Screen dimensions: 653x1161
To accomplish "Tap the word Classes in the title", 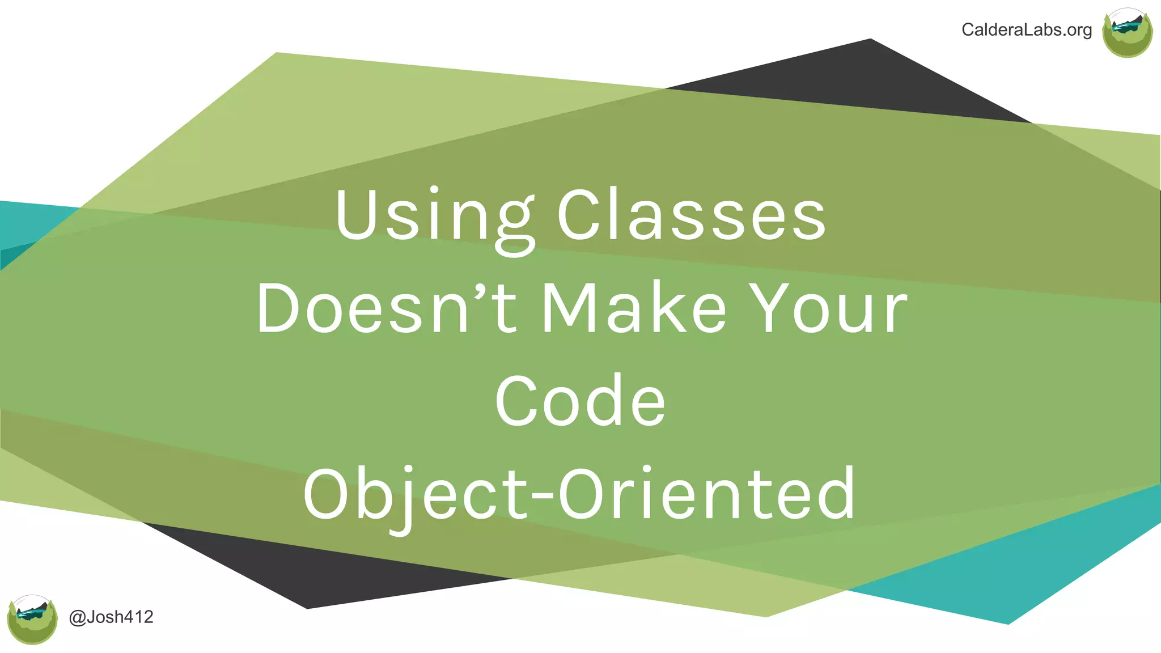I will (692, 215).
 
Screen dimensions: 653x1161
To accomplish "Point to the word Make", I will (634, 309).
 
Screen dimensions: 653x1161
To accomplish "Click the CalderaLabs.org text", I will (1027, 30).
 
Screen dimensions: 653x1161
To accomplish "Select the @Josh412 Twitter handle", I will (111, 617).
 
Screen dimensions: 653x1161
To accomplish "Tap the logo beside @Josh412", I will (32, 620).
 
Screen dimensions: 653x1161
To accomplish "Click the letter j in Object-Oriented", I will (404, 499).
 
